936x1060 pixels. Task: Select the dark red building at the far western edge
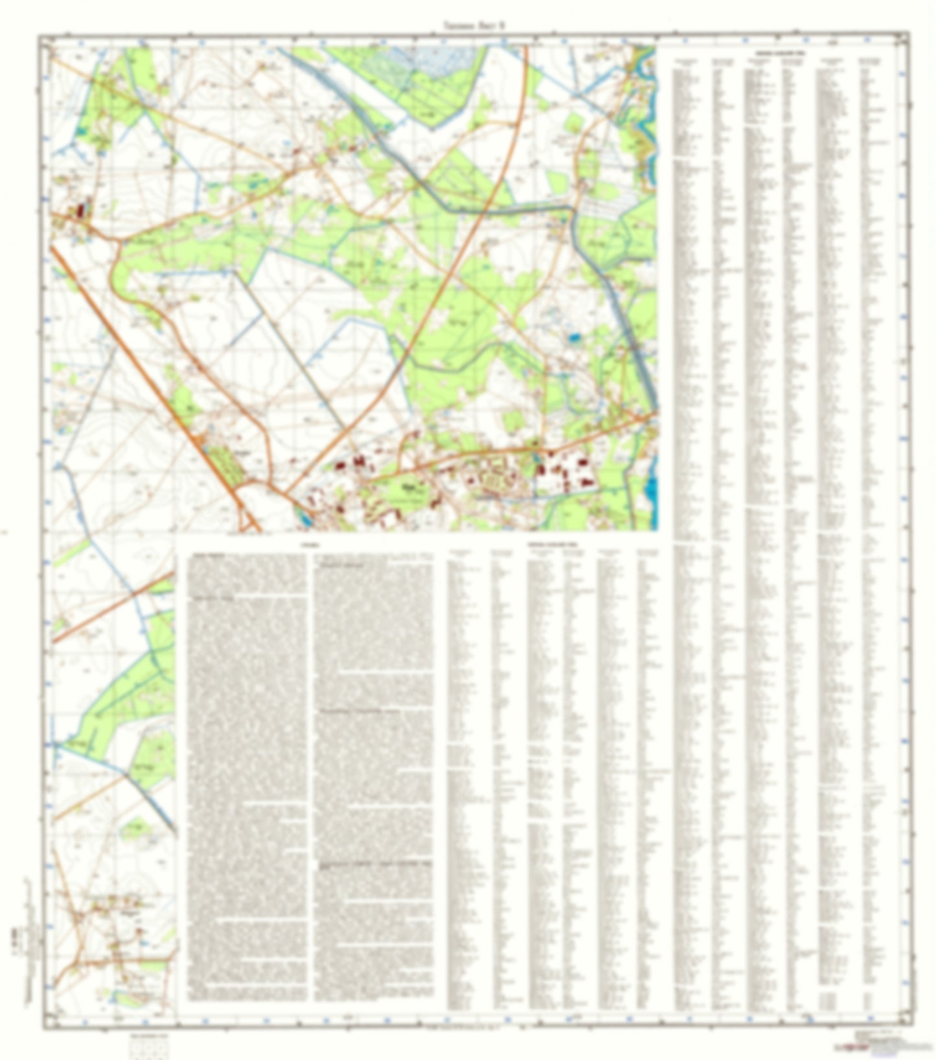coord(82,210)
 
